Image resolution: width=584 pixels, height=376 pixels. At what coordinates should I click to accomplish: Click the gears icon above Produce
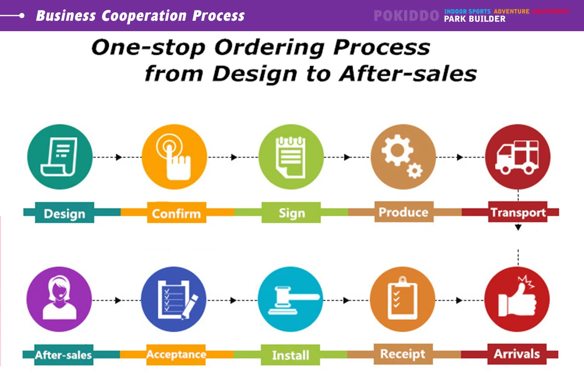tap(403, 156)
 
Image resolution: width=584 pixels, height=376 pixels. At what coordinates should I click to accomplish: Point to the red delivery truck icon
tap(518, 156)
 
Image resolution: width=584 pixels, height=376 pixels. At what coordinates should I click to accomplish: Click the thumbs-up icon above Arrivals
tap(517, 299)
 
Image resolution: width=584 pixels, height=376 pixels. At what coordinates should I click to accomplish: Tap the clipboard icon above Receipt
tap(402, 299)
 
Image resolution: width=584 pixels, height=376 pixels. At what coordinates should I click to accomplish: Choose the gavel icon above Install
tap(290, 299)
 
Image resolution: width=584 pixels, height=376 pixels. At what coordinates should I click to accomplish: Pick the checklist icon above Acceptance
tap(174, 299)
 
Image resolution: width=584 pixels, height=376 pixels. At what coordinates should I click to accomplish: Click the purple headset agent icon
tap(59, 299)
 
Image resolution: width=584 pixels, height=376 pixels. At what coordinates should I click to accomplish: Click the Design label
tap(64, 214)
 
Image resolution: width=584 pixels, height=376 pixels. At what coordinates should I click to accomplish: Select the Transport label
tap(518, 212)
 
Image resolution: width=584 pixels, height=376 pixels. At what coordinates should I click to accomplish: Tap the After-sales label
tap(63, 355)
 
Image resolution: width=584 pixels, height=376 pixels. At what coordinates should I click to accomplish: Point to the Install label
tap(290, 355)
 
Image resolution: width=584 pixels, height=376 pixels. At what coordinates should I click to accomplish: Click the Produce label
tap(403, 212)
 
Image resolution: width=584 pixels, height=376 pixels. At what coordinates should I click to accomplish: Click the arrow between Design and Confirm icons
tap(118, 157)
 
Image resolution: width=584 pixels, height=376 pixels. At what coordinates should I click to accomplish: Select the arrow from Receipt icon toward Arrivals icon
tap(459, 300)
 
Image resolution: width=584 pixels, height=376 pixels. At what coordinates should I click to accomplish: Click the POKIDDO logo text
tap(406, 16)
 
